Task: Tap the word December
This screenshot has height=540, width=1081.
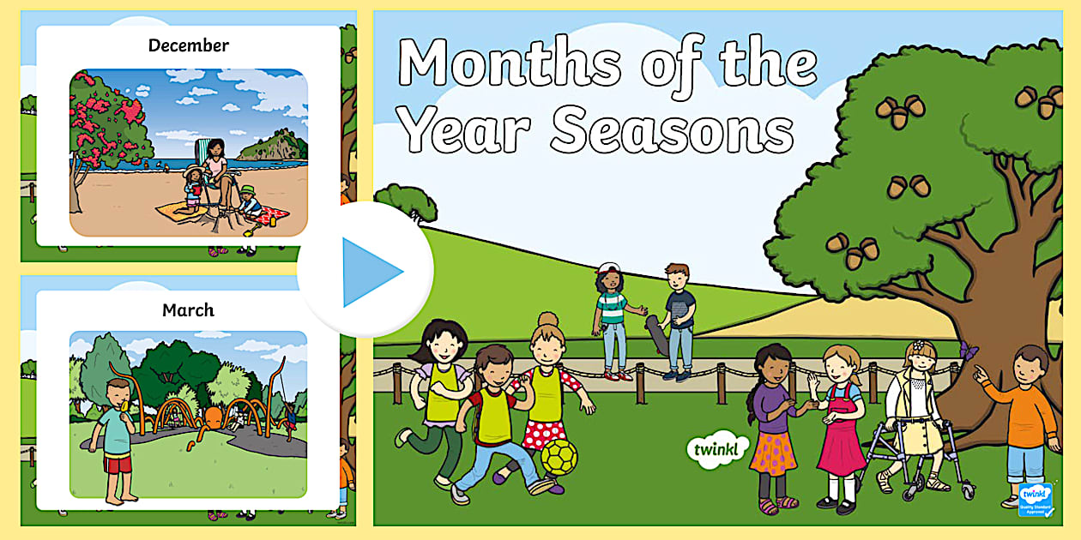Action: click(189, 45)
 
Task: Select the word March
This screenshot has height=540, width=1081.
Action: click(188, 310)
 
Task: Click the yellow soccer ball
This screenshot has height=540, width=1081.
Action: click(559, 458)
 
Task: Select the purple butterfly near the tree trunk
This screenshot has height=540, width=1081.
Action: click(969, 349)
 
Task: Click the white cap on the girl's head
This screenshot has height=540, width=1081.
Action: click(607, 268)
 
